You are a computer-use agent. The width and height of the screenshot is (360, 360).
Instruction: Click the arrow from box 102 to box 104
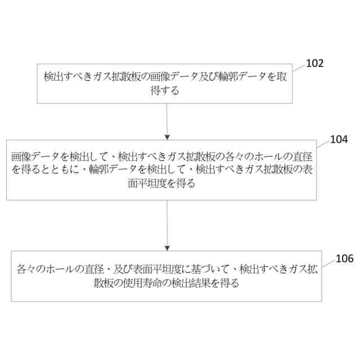point(166,121)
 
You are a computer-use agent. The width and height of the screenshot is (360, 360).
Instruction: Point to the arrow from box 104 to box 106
point(166,225)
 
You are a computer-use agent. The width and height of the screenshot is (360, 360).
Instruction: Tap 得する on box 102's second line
point(165,90)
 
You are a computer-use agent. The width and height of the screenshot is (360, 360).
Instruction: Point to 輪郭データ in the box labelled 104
point(110,169)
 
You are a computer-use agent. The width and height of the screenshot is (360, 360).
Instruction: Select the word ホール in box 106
point(57,269)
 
